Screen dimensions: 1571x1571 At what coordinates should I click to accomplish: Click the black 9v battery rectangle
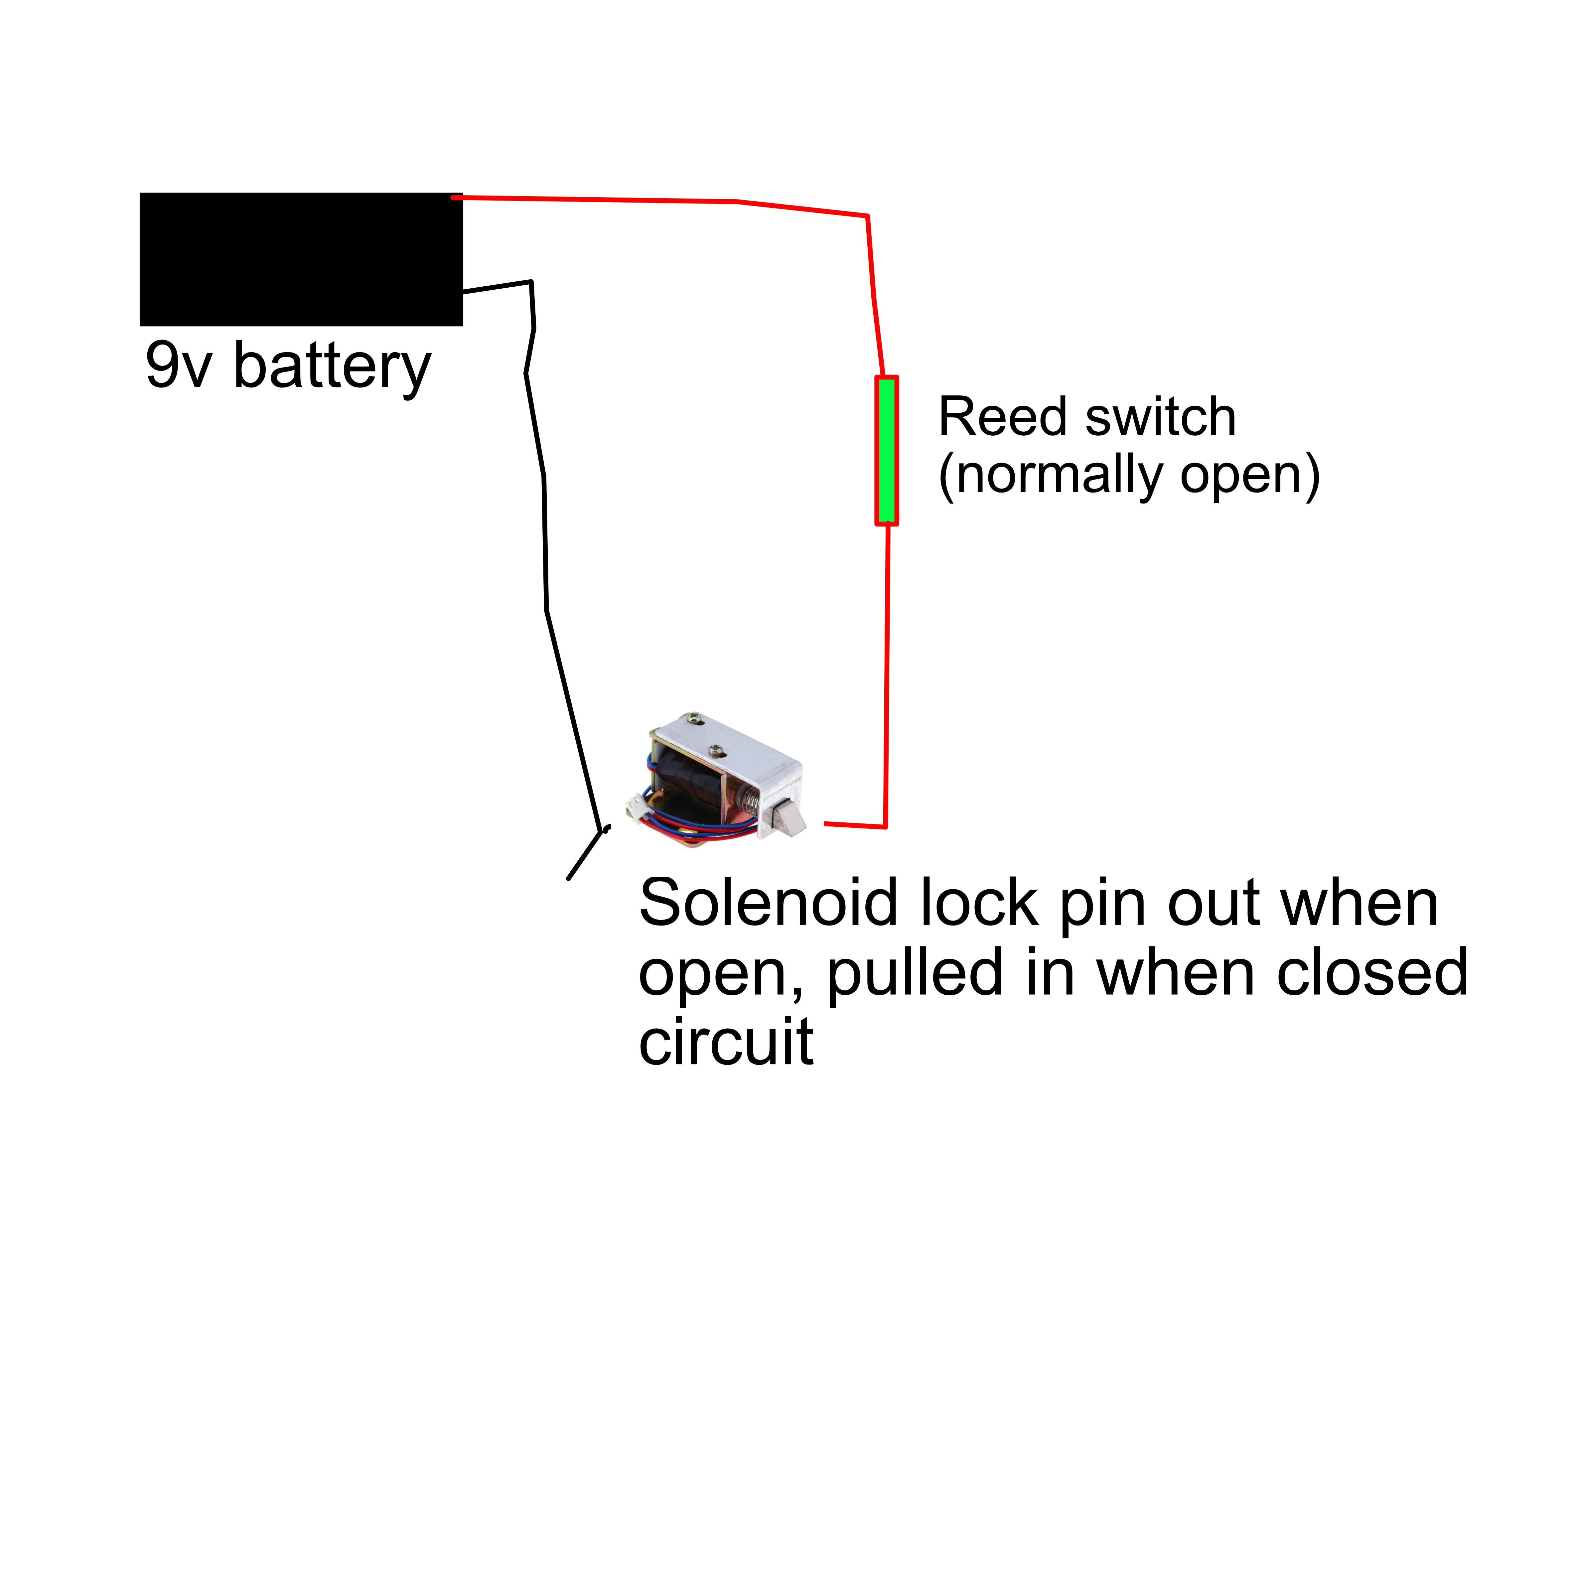[301, 259]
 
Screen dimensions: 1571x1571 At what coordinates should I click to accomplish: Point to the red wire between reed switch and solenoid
[886, 675]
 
